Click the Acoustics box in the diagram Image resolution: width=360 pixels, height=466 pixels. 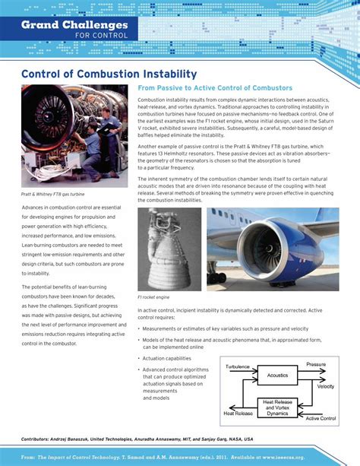pyautogui.click(x=277, y=375)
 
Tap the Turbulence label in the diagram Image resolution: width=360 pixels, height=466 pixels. pyautogui.click(x=238, y=366)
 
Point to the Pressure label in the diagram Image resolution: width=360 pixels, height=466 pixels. pyautogui.click(x=316, y=365)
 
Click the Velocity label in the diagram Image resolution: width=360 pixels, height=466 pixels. pyautogui.click(x=325, y=387)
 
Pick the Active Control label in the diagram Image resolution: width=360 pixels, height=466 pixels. pyautogui.click(x=320, y=419)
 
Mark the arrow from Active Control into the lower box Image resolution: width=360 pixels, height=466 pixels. pyautogui.click(x=304, y=411)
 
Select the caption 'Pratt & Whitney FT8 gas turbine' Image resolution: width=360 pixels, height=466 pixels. pyautogui.click(x=52, y=194)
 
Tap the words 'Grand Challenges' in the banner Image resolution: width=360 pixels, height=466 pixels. pyautogui.click(x=74, y=24)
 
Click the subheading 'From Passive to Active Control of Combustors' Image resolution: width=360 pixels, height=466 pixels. pyautogui.click(x=215, y=89)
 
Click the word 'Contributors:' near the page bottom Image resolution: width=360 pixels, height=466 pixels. pyautogui.click(x=40, y=439)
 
